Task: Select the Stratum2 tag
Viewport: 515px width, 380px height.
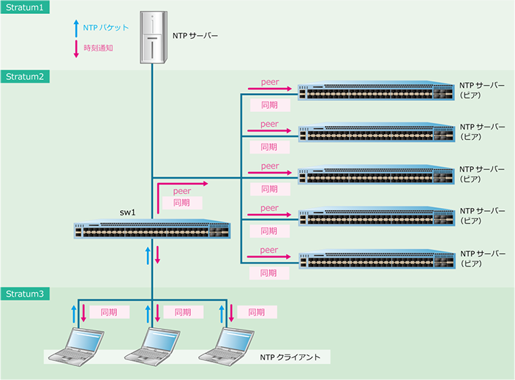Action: [24, 77]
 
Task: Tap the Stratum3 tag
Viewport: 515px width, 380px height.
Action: [24, 294]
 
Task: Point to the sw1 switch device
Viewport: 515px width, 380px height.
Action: [152, 231]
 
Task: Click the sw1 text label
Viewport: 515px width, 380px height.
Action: [129, 212]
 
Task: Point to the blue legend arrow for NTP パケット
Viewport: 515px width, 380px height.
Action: [75, 28]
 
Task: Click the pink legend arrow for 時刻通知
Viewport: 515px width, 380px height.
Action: [75, 48]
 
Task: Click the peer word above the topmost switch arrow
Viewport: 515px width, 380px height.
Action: [269, 82]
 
